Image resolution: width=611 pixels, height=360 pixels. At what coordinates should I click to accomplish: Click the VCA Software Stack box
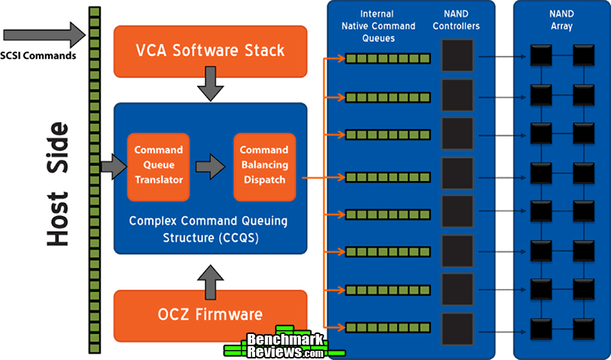(210, 51)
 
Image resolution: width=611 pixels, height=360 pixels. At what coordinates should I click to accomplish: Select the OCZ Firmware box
(210, 314)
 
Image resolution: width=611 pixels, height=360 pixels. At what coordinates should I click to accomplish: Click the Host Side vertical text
(57, 182)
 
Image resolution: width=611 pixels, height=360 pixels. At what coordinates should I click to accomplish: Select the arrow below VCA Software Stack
(210, 89)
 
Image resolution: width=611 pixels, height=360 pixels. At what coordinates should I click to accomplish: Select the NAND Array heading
(561, 21)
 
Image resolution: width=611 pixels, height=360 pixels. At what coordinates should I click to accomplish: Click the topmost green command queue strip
(380, 58)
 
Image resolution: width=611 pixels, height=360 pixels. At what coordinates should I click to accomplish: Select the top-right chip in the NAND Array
(584, 57)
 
